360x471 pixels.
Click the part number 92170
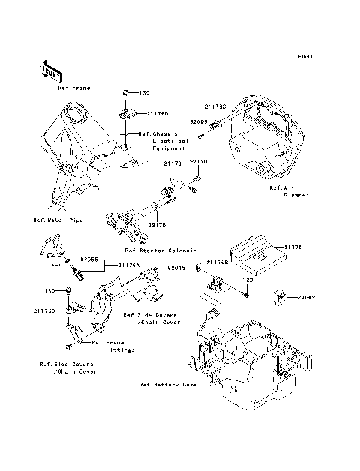pyautogui.click(x=157, y=223)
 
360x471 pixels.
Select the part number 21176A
pyautogui.click(x=127, y=265)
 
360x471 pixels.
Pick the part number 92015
pyautogui.click(x=176, y=267)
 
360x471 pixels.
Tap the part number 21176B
pyautogui.click(x=217, y=263)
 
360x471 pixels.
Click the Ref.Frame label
pyautogui.click(x=74, y=88)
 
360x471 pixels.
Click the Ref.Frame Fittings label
pyautogui.click(x=113, y=346)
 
